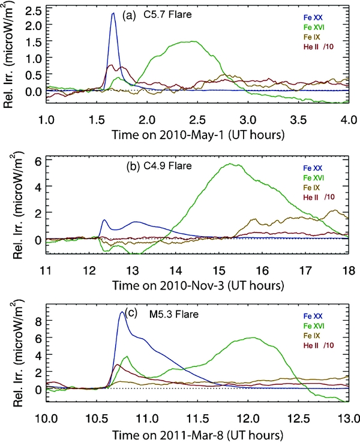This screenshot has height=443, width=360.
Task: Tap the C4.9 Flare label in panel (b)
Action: point(158,164)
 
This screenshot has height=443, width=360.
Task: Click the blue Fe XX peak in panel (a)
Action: point(113,14)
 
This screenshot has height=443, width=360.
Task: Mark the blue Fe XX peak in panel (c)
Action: point(122,312)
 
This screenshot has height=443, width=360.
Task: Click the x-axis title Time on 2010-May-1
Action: point(196,135)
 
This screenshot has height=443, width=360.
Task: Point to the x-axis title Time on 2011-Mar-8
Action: point(196,433)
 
